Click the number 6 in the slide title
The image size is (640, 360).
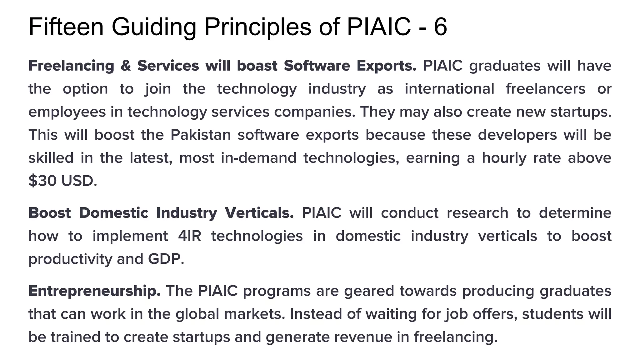coord(440,27)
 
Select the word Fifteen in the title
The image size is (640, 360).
coord(66,27)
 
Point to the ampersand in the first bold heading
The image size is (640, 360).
coord(126,66)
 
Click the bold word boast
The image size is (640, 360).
coord(257,66)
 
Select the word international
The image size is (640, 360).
coord(449,89)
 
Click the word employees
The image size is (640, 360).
coord(67,112)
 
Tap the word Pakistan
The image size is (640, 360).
coord(201,135)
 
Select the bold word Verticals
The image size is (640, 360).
coord(259,213)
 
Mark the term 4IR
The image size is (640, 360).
coord(189,236)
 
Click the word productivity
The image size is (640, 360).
coord(70,259)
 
